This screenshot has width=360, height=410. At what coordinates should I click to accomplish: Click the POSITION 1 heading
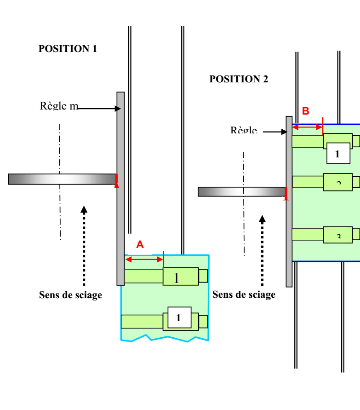point(68,49)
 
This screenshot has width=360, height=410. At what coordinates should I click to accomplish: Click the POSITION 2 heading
point(239,79)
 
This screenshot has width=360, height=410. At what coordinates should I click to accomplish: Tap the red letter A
point(140,245)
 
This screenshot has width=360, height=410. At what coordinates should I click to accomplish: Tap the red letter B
point(305,111)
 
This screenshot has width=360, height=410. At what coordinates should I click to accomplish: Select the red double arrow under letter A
point(144,260)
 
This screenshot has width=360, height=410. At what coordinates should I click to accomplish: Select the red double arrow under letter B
point(307,127)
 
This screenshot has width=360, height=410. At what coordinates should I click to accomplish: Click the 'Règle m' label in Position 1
point(59,106)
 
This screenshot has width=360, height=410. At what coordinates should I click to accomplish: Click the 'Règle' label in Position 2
point(244,131)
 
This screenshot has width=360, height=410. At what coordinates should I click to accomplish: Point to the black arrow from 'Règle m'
point(99,109)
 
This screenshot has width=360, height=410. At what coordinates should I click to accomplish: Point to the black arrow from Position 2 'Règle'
point(275,132)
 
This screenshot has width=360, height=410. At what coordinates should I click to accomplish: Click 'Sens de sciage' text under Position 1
point(70,295)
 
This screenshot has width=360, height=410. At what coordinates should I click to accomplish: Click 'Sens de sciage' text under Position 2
point(244,295)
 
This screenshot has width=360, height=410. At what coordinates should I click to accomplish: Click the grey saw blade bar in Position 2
point(242,191)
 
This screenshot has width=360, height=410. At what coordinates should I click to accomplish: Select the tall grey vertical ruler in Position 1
point(120,189)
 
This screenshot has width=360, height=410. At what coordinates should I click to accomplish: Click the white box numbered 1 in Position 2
point(338,154)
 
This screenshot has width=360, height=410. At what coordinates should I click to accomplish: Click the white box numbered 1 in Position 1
point(179,318)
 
